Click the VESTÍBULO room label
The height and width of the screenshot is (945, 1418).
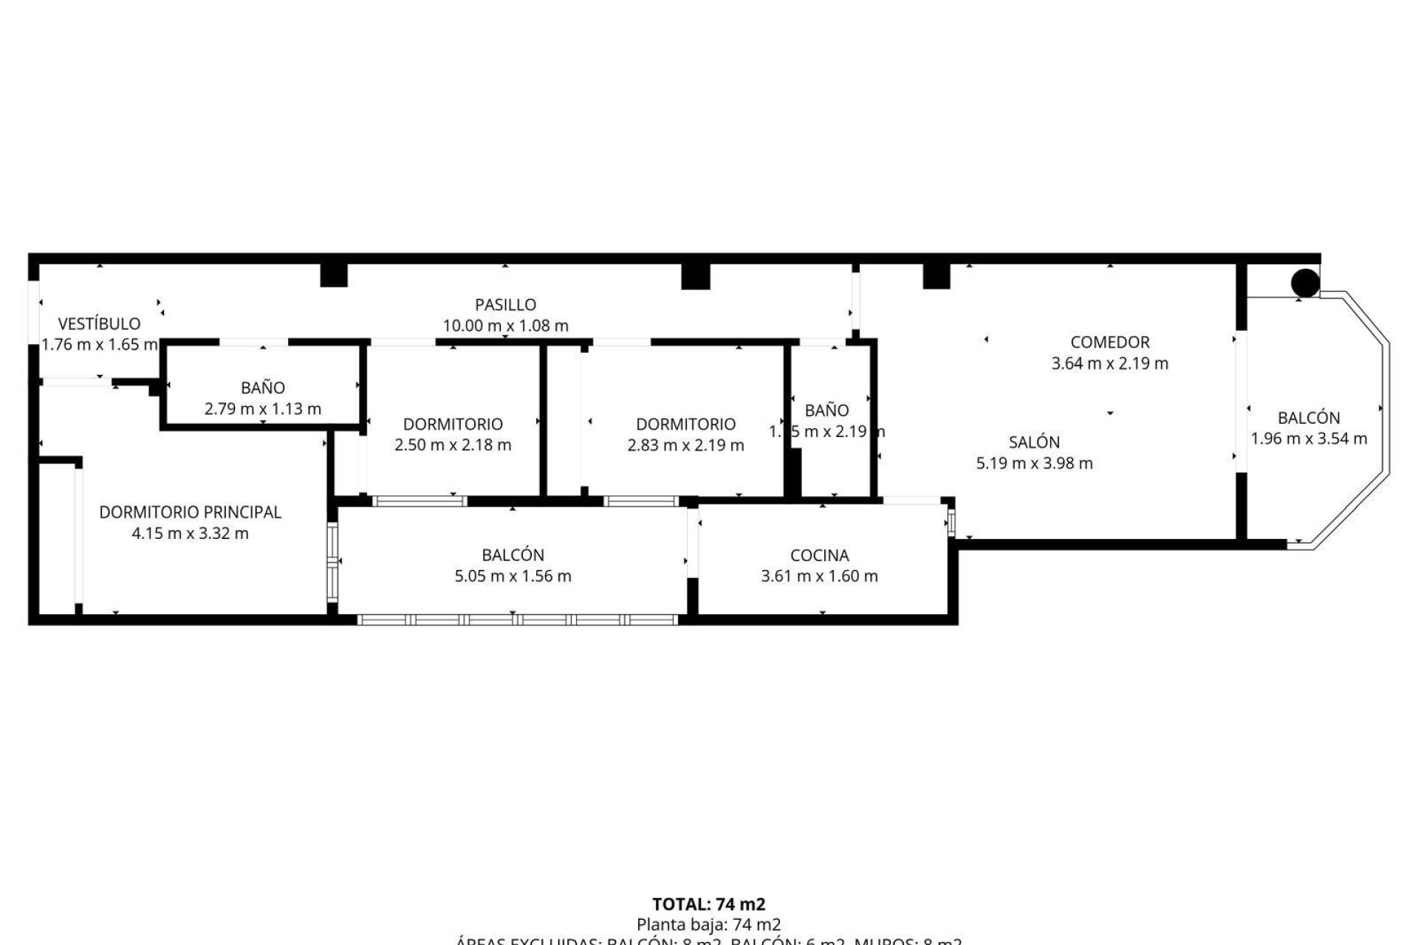[x=99, y=323]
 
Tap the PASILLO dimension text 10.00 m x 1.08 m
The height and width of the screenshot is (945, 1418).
[x=505, y=326]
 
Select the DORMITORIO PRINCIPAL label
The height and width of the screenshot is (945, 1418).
[x=191, y=512]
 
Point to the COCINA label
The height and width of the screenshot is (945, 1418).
[x=819, y=555]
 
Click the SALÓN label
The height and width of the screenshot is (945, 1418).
[x=1034, y=442]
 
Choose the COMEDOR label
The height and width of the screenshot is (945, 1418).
[x=1109, y=342]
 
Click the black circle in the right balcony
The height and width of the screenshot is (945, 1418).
[x=1305, y=283]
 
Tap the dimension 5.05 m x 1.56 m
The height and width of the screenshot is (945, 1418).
[x=513, y=577]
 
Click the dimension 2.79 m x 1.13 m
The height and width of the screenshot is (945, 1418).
[x=263, y=409]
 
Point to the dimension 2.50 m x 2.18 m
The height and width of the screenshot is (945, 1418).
[x=453, y=445]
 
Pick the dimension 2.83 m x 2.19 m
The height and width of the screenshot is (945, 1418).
[x=685, y=445]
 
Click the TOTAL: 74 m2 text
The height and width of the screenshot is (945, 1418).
[x=708, y=904]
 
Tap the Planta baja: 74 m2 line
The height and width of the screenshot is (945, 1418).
[x=708, y=924]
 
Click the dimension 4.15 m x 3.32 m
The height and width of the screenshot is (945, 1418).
[x=190, y=534]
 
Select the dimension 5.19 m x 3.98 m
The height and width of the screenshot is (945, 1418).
[x=1034, y=464]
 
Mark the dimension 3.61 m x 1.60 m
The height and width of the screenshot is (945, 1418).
[x=819, y=577]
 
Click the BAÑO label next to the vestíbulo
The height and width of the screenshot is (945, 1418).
[x=263, y=388]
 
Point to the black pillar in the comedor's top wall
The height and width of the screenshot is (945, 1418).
[x=936, y=276]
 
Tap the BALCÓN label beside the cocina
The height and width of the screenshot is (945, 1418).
[x=513, y=555]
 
